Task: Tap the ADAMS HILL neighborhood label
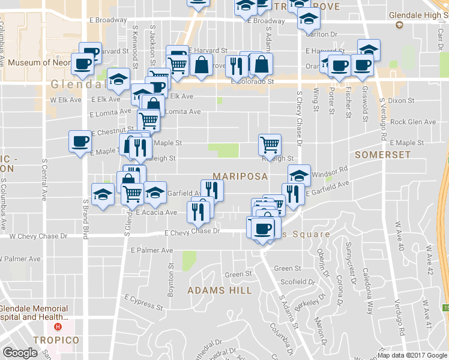220,290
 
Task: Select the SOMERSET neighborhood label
382,155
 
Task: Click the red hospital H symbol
58,327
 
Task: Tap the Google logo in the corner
20,353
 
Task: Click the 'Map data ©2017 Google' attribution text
412,355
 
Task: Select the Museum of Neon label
41,62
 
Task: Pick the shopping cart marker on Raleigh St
270,144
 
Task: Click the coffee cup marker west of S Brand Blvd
80,142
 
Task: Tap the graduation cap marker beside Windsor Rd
299,175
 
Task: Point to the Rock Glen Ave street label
413,122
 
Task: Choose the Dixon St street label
397,101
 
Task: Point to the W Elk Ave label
65,100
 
